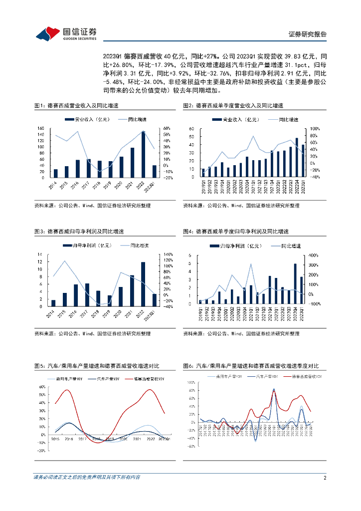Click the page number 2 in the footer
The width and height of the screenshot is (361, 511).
click(x=325, y=478)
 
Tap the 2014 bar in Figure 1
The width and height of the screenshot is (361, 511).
click(x=56, y=173)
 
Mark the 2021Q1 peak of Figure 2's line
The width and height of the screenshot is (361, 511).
click(x=253, y=136)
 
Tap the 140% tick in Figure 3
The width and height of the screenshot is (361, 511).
click(x=168, y=254)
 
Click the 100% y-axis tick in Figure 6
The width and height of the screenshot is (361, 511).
click(x=191, y=382)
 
